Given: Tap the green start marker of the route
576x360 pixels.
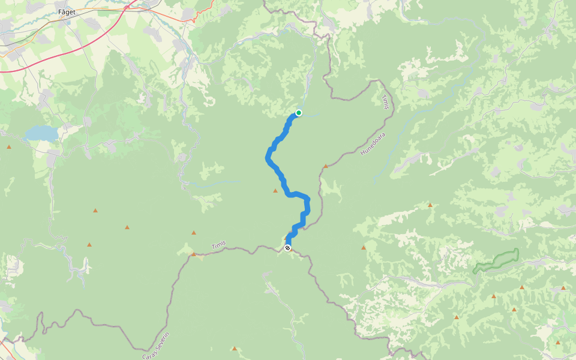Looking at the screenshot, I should pyautogui.click(x=299, y=113).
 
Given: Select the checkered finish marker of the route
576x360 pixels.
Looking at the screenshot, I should pyautogui.click(x=288, y=248).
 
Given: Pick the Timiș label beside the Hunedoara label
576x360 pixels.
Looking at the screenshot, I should pyautogui.click(x=385, y=102).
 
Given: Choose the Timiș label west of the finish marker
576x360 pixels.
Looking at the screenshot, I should pyautogui.click(x=219, y=246).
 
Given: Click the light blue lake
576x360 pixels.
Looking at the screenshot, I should pyautogui.click(x=40, y=132).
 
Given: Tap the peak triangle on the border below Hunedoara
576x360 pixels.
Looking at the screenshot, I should pyautogui.click(x=326, y=166).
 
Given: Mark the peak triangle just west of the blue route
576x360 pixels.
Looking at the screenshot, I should pyautogui.click(x=275, y=191).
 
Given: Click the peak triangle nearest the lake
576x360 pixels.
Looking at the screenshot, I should pyautogui.click(x=9, y=147).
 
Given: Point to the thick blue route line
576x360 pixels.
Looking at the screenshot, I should pyautogui.click(x=279, y=174).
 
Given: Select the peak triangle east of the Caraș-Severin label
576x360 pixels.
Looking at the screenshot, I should pyautogui.click(x=235, y=348).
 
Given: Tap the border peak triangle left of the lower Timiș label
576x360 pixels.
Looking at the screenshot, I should pyautogui.click(x=193, y=254).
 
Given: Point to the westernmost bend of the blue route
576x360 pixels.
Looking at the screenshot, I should pyautogui.click(x=267, y=158).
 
